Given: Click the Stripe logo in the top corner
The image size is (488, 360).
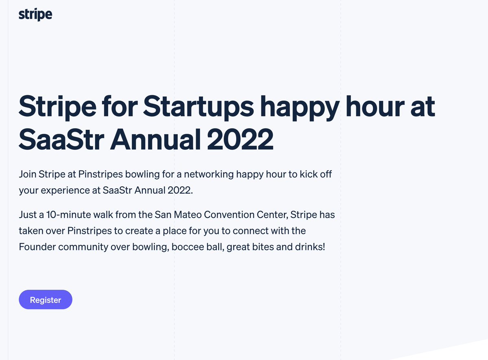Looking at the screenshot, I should pos(35,15).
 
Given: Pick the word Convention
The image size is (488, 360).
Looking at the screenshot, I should pos(231,214).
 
